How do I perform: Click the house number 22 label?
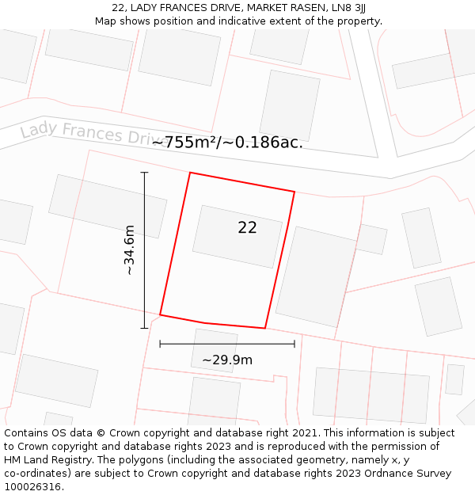tap(247, 228)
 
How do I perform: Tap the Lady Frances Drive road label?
tap(93, 132)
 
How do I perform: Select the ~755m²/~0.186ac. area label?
tap(227, 143)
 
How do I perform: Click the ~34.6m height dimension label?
tap(129, 249)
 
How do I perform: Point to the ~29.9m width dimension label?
tap(227, 360)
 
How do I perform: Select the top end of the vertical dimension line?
tap(144, 172)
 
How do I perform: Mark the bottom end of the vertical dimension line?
tap(144, 328)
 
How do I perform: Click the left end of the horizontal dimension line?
tap(160, 344)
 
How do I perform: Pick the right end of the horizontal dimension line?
tap(294, 344)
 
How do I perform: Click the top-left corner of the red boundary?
tap(190, 173)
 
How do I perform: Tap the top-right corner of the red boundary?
tap(294, 192)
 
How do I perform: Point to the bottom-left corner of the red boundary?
tap(160, 314)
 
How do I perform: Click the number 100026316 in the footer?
tap(33, 486)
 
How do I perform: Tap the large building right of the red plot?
tap(315, 276)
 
